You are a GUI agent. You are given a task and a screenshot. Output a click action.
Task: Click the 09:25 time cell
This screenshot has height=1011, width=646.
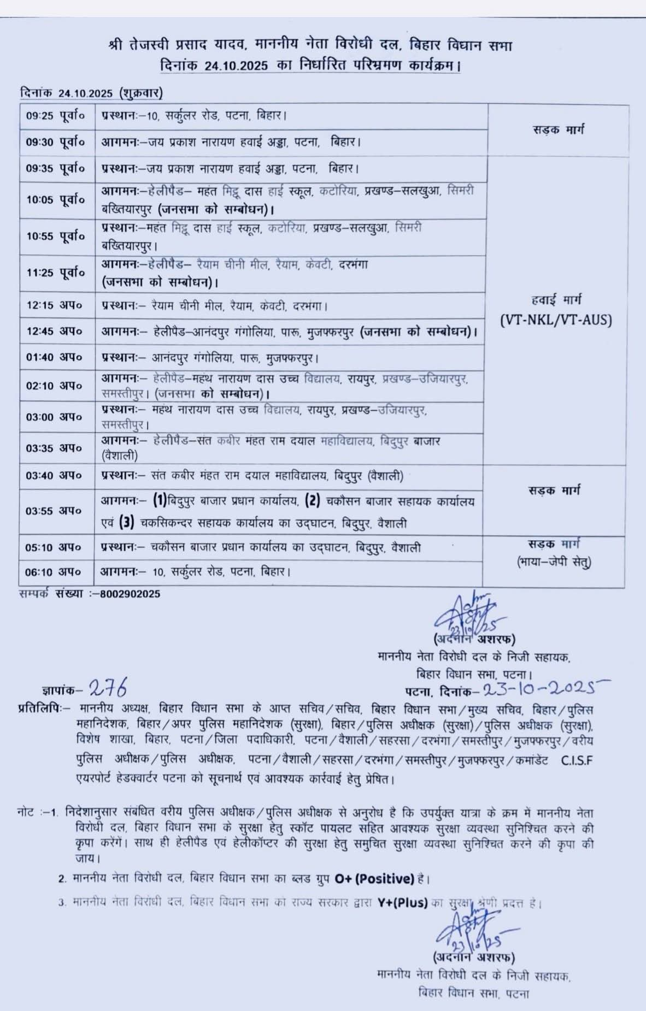(56, 116)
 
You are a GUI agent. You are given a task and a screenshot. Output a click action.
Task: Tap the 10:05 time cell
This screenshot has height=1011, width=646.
(56, 200)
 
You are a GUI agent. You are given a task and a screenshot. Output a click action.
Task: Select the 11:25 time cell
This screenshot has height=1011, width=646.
(56, 273)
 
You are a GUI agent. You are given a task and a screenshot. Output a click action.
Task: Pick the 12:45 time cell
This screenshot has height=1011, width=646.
(54, 331)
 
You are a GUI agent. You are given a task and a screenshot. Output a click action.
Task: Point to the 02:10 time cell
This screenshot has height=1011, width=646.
(54, 386)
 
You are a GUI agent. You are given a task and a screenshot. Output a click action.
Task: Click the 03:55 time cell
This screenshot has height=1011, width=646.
(54, 511)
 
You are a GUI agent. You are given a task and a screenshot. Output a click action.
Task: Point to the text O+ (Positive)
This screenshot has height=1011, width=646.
(374, 879)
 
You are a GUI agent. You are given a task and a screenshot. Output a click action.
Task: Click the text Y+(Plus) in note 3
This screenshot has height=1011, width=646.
(402, 903)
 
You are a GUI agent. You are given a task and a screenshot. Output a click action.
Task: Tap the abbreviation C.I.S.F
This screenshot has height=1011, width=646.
(577, 760)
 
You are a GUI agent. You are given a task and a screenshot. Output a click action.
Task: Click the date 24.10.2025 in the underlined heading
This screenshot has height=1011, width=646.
(237, 66)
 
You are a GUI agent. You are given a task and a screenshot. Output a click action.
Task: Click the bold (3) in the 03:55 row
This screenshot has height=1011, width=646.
(127, 523)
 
